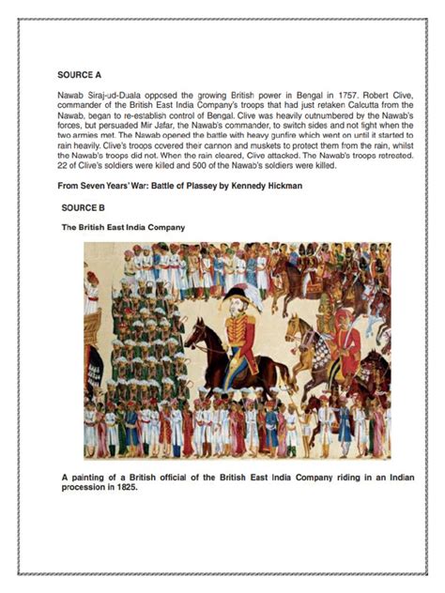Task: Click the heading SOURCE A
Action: click(79, 73)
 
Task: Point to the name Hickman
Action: click(279, 187)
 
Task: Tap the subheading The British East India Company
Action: click(123, 227)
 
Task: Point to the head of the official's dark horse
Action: click(192, 332)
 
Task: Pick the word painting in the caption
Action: click(86, 477)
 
